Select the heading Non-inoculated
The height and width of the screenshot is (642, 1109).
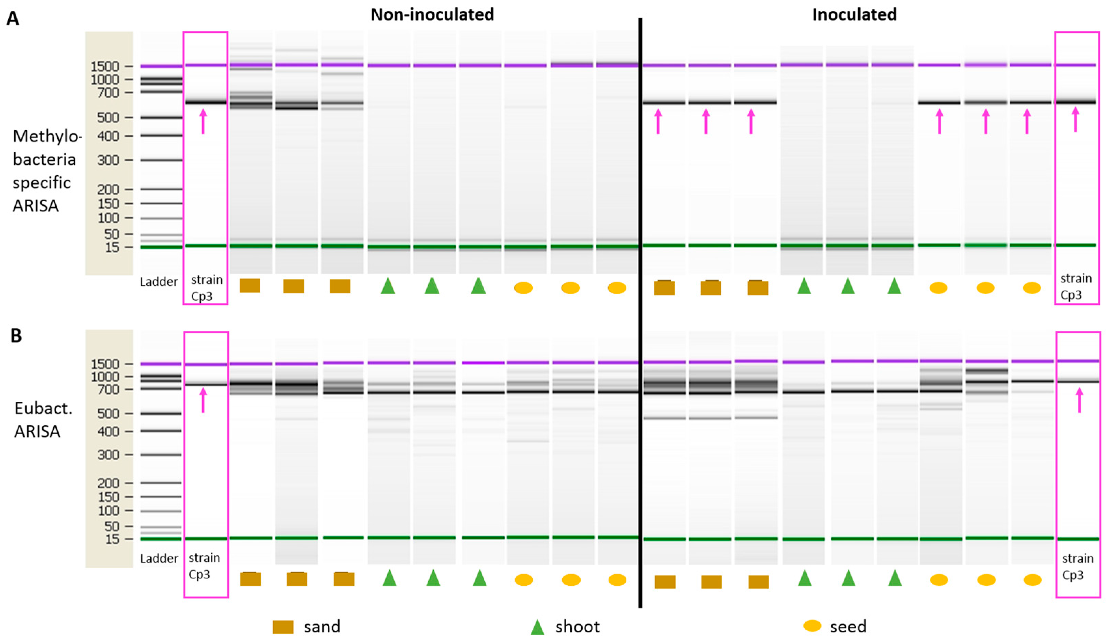click(432, 15)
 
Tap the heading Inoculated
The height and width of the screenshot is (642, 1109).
click(854, 15)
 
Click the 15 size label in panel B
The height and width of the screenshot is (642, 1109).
click(112, 539)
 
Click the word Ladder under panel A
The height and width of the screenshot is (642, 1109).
click(158, 282)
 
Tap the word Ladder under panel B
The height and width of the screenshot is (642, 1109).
click(159, 558)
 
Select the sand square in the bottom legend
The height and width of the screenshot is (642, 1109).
click(283, 627)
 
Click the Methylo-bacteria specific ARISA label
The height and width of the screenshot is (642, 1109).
click(44, 171)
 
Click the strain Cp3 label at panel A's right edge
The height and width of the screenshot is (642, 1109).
click(1076, 287)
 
